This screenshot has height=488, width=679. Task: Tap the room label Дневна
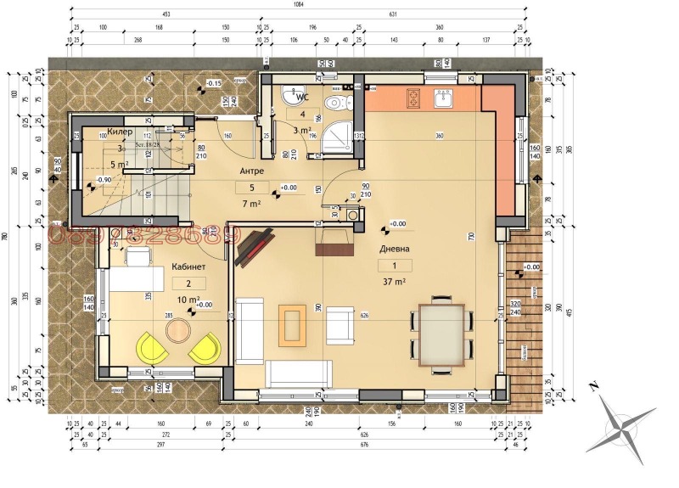tap(395, 249)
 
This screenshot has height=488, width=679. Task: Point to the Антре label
tap(251, 171)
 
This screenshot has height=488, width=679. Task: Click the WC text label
tap(301, 97)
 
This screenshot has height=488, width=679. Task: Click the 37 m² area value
tap(394, 281)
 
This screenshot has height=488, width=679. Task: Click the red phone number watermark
tap(139, 235)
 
